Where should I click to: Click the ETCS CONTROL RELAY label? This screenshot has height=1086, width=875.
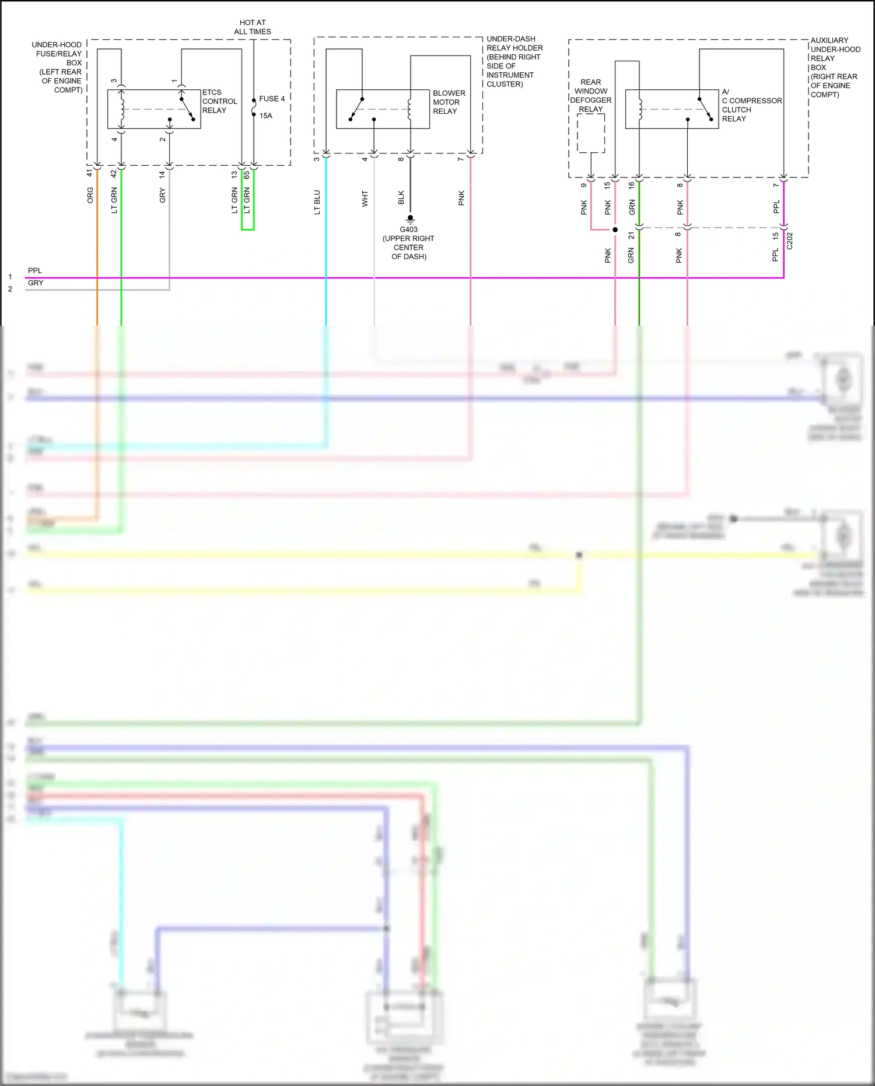coord(219,102)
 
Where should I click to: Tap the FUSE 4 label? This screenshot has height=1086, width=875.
coord(272,99)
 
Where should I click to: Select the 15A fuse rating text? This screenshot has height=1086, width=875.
coord(266,116)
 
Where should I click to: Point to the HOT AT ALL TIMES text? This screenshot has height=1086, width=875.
coord(253,27)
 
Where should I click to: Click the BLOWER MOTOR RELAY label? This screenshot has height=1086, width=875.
coord(449,102)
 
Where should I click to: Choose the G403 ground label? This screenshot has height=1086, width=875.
coord(408,229)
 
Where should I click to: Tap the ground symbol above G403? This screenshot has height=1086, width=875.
coord(410,219)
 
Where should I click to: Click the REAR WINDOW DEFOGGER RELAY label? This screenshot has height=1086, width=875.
coord(590,96)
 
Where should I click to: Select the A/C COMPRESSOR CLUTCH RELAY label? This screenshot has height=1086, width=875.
coord(751,106)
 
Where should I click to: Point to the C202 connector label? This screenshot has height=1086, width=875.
coord(790,240)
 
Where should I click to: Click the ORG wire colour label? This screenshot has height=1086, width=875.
coord(90,195)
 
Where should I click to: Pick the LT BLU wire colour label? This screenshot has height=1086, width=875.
coord(317,202)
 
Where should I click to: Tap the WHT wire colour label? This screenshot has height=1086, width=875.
coord(365,198)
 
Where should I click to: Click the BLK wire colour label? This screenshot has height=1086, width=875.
coord(401,198)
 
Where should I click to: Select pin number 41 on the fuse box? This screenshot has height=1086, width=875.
coord(90,173)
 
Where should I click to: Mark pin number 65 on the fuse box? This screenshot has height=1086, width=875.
coord(247,174)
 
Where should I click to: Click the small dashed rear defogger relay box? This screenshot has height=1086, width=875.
coord(591,133)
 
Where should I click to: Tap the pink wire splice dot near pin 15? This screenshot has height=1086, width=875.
coord(615,230)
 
